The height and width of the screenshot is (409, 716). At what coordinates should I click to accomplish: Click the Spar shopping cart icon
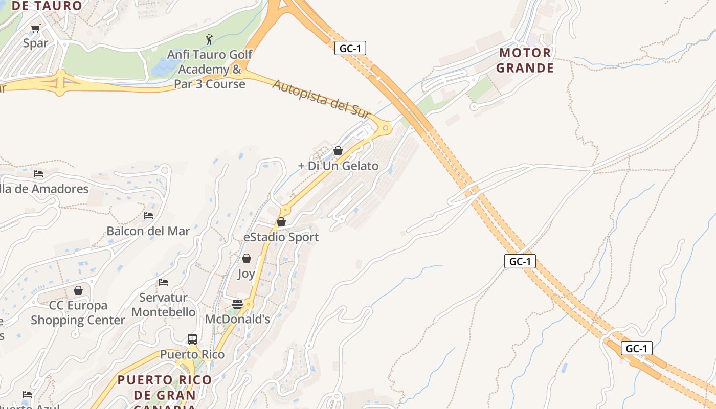point(35,29)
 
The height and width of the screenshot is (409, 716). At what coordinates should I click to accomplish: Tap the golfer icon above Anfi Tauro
point(209,39)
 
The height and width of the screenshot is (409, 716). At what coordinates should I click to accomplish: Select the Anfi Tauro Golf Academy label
point(210,69)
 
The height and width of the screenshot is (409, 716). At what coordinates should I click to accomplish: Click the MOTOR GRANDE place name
point(525,60)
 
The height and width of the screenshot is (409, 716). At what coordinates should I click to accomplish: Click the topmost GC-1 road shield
point(350,49)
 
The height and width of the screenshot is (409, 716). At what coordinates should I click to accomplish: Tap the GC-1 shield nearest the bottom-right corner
point(637,349)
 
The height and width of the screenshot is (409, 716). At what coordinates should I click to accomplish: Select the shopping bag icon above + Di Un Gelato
point(338,151)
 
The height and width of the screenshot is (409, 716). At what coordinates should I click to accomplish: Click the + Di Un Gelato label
point(339,166)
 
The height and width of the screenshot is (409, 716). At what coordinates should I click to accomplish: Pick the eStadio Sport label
point(281,237)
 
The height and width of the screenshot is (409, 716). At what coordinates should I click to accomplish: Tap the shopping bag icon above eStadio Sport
point(281,222)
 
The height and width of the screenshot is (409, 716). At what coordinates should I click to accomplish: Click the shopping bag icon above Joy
point(246,258)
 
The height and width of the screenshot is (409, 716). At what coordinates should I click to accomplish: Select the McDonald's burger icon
point(237,304)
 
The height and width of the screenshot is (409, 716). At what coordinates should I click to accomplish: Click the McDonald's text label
point(237,319)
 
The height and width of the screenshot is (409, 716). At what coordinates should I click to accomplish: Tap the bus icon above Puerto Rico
point(192,339)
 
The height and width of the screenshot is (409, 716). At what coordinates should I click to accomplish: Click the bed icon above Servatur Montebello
point(163,282)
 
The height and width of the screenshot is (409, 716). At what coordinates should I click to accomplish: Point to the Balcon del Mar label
point(148,231)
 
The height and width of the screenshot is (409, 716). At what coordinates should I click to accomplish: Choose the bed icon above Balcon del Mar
point(148,215)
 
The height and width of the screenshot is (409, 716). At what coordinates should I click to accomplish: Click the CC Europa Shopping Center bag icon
point(78,290)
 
